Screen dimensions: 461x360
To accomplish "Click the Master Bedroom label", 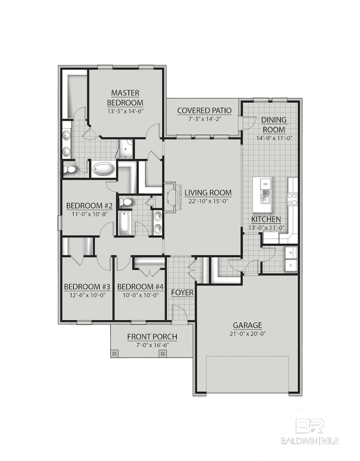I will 125,98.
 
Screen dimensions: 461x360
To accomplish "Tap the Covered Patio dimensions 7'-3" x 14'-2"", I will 204,119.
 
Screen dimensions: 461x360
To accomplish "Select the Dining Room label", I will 274,125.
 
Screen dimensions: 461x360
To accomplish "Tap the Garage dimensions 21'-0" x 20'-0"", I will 247,334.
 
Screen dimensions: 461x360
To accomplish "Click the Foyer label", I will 181,292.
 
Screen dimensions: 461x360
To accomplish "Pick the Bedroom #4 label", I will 141,286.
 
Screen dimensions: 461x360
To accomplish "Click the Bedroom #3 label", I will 87,286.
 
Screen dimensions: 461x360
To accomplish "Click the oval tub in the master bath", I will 104,168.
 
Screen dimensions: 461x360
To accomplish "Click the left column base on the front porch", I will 115,353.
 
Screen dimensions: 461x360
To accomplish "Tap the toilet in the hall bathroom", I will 126,202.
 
